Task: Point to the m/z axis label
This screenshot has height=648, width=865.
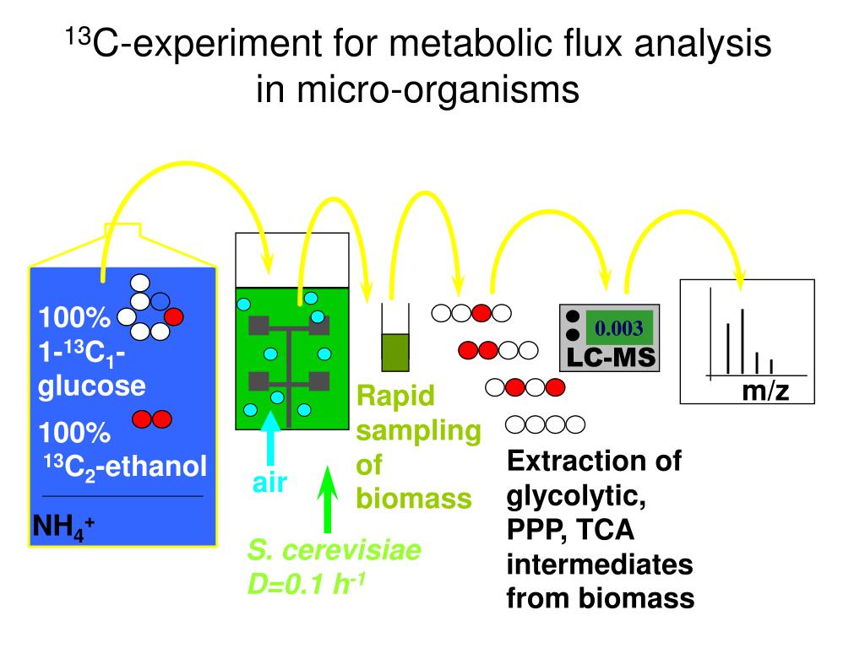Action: click(765, 391)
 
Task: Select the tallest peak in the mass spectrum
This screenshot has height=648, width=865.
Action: click(743, 342)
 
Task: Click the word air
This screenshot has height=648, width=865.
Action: click(270, 483)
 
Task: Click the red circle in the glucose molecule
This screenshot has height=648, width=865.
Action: click(174, 317)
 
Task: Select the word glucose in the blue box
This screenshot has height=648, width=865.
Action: click(91, 386)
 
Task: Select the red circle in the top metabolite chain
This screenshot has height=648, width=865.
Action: click(481, 313)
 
